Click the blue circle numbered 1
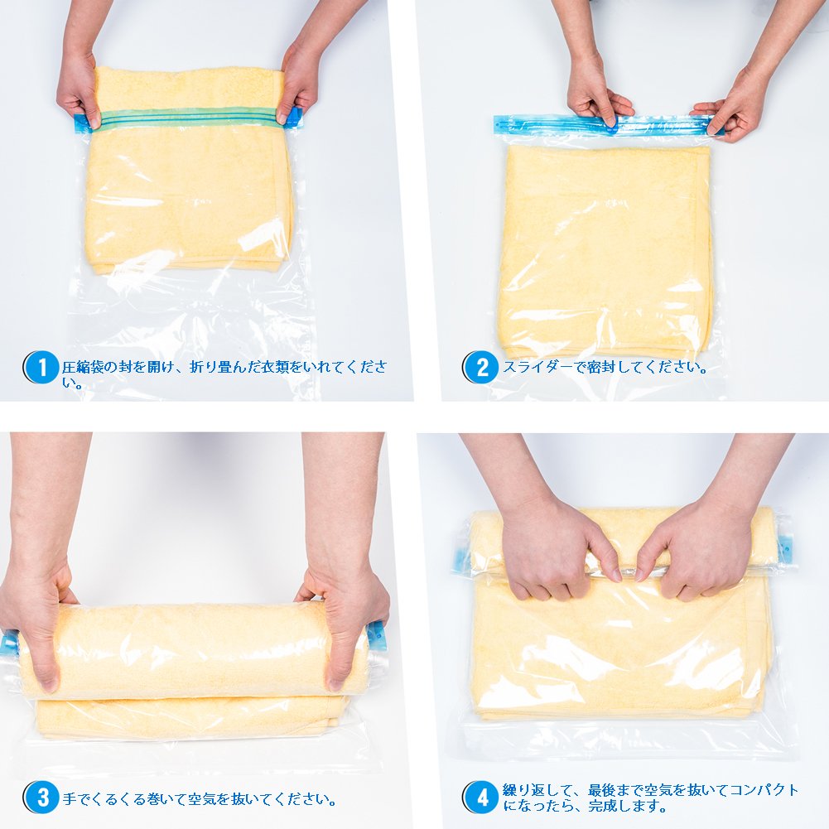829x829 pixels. tap(41, 367)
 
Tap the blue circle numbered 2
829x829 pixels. tap(481, 367)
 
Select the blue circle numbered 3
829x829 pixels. tap(41, 798)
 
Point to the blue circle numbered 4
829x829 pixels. tap(481, 798)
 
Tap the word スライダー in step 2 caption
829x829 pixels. tap(537, 367)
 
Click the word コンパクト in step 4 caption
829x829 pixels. tap(764, 790)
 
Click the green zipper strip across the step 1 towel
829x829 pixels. tap(189, 118)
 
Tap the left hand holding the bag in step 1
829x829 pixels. tap(79, 87)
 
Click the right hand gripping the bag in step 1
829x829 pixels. tap(299, 84)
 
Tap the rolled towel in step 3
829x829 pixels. tap(193, 650)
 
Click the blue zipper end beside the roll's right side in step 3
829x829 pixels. tap(377, 637)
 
